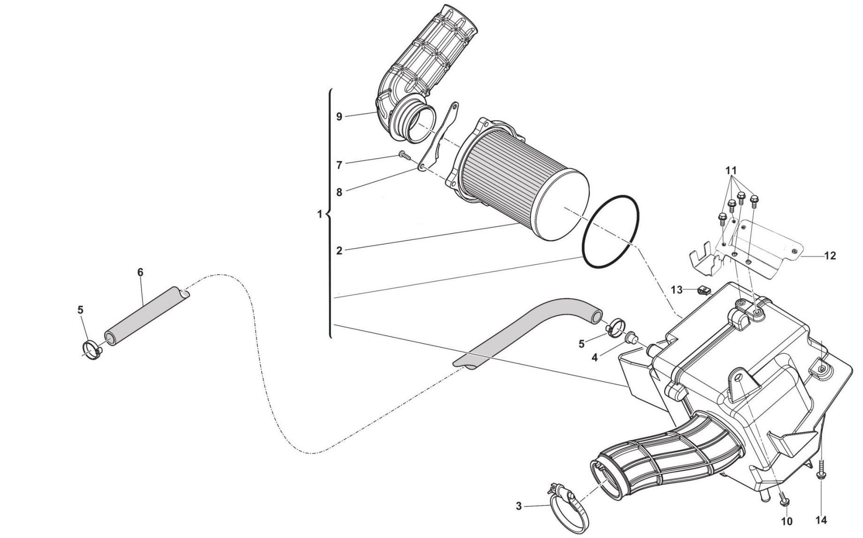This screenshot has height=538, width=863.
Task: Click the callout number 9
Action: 339,116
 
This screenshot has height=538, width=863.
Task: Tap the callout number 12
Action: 830,256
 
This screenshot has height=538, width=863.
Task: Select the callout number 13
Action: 676,290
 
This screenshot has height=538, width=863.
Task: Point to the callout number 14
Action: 821,520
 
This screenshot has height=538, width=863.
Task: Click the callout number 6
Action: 140,272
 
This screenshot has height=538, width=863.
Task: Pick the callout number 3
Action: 519,506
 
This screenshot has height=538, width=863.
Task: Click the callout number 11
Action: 731,170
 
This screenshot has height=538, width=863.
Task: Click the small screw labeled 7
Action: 404,155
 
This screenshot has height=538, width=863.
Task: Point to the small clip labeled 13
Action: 704,292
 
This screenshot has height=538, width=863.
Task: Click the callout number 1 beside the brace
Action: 320,214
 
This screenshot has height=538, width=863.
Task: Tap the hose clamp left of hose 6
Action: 93,351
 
